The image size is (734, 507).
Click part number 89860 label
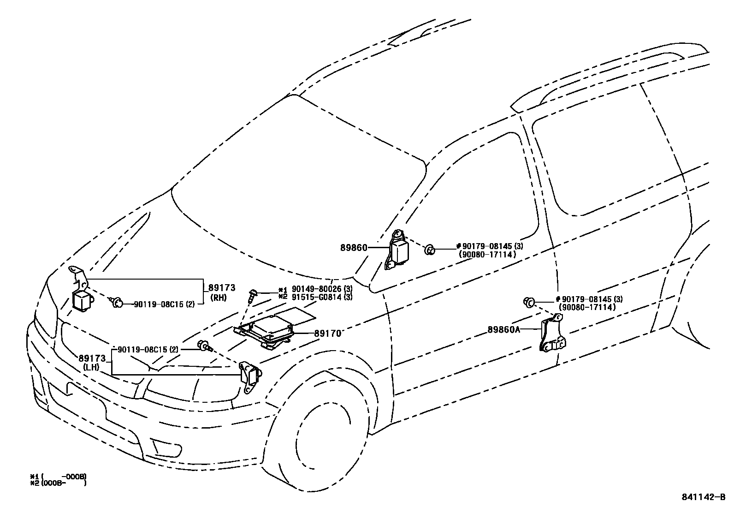(x=354, y=248)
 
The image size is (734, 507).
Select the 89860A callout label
(x=503, y=329)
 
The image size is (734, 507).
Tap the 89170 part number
(x=328, y=333)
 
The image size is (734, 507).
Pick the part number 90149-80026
(x=315, y=290)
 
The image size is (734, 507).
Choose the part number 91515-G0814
(x=315, y=297)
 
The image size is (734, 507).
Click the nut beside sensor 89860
(x=429, y=250)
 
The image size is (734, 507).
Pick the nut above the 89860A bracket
(x=528, y=302)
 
